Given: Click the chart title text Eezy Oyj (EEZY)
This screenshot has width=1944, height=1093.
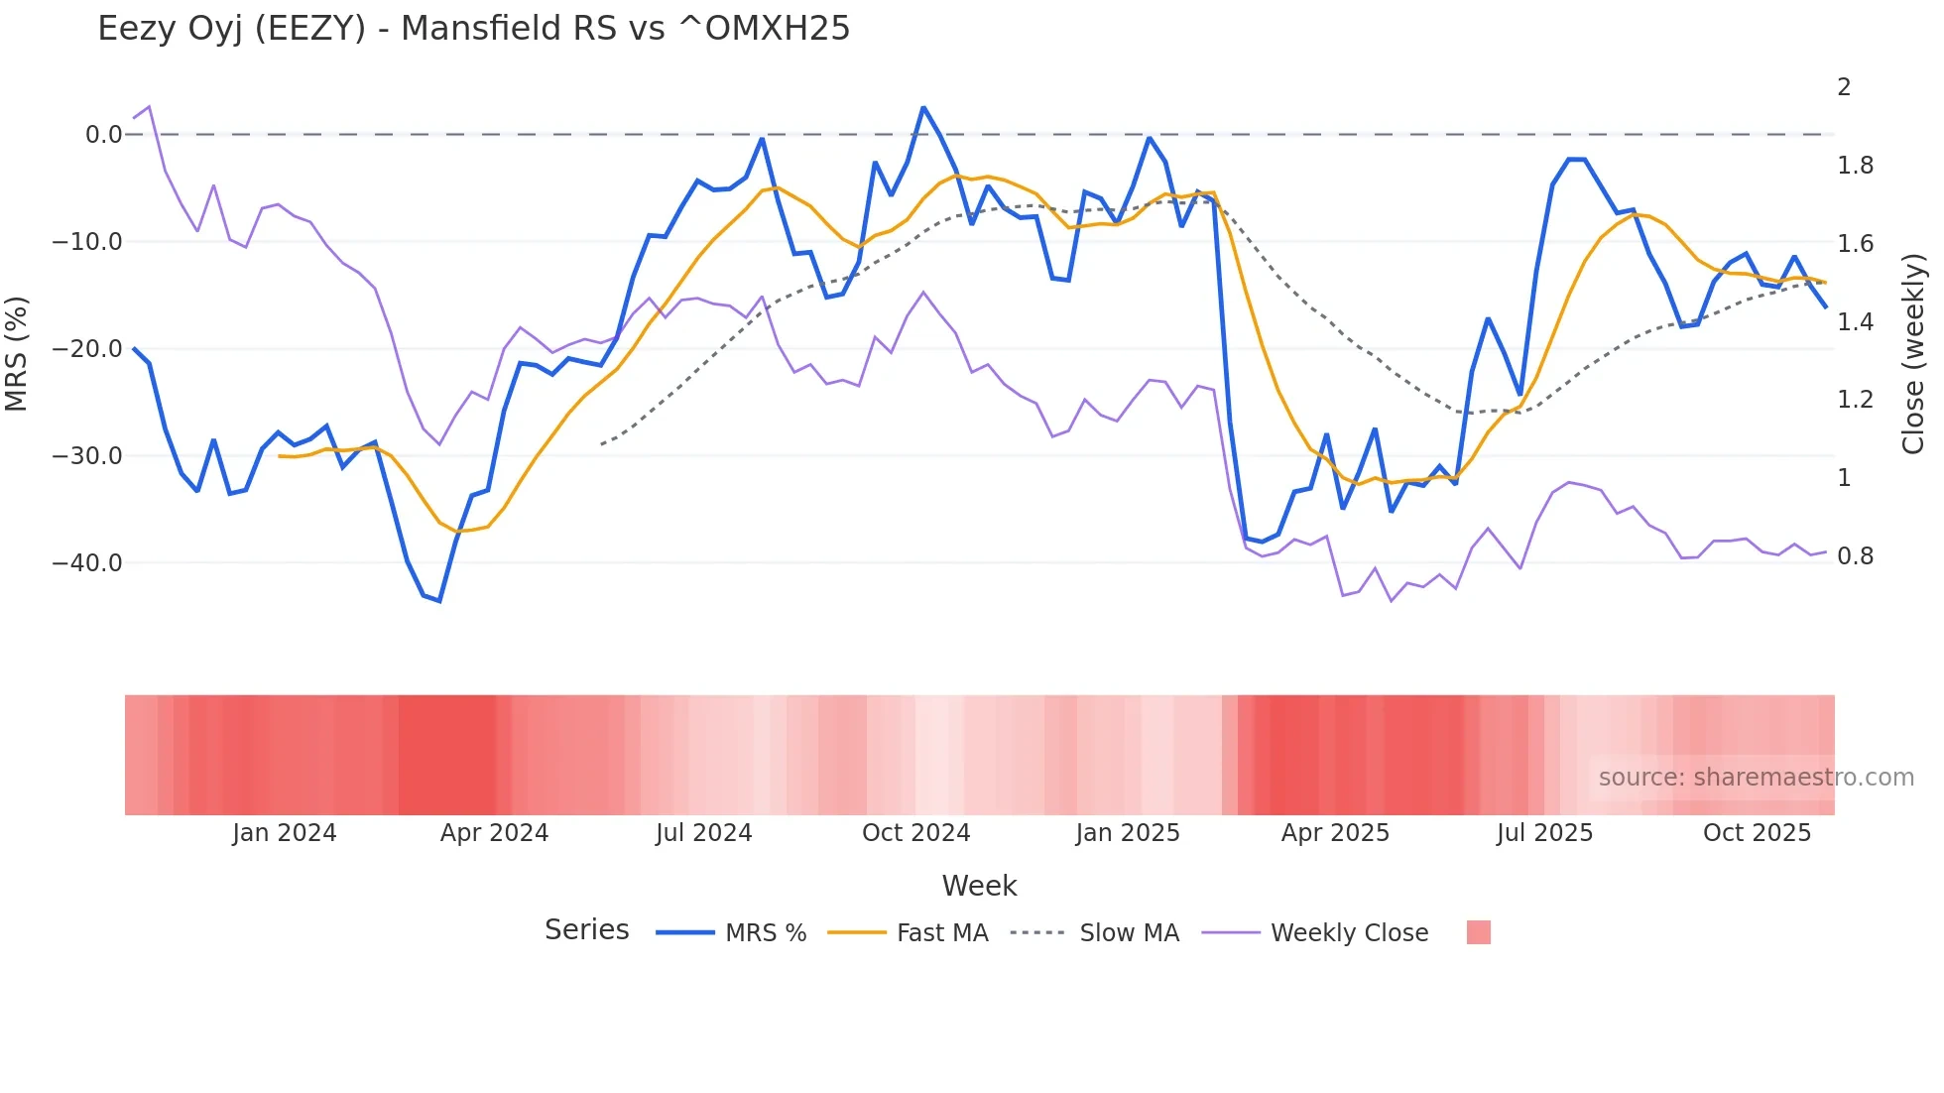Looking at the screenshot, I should click(x=473, y=29).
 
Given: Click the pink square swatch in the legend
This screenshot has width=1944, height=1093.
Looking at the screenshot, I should click(x=1478, y=932).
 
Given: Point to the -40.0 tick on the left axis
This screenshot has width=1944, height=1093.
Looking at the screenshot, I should click(x=86, y=563).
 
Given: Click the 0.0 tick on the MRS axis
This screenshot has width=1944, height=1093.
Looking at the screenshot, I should click(x=103, y=135).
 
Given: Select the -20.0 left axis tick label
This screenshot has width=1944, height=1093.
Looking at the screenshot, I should click(x=86, y=349).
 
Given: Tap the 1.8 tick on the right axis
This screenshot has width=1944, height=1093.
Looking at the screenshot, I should click(x=1855, y=166).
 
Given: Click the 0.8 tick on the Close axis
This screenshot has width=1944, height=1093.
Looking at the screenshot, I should click(x=1855, y=556).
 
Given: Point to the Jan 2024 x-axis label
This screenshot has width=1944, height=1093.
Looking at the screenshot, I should click(x=285, y=833).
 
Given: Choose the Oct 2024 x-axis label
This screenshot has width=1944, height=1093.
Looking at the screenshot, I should click(x=915, y=833).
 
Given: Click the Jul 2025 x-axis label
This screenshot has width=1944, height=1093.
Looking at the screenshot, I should click(x=1544, y=833).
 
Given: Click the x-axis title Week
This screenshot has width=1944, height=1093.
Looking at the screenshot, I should click(x=979, y=886).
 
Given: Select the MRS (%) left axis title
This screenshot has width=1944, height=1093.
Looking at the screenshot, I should click(x=17, y=354).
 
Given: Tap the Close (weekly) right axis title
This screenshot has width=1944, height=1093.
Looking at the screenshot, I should click(x=1913, y=354).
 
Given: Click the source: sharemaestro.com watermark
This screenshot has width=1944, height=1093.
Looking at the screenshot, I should click(x=1756, y=778).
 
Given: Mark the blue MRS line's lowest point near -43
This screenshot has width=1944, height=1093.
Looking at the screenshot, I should click(x=439, y=601).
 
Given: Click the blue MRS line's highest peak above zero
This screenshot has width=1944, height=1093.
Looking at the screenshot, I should click(x=923, y=107).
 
